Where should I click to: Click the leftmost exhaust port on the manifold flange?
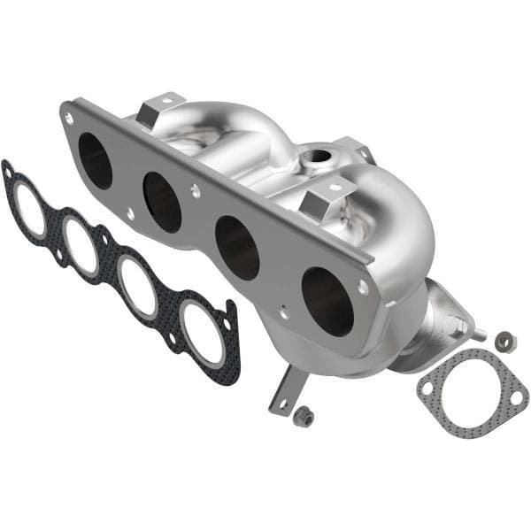(x=95, y=160)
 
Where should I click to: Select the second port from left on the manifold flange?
(x=162, y=201)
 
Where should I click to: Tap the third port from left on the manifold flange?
(x=237, y=247)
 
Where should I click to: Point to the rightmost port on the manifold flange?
(x=327, y=301)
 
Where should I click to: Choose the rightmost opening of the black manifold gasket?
(x=203, y=333)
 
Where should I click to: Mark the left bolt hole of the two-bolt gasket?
(x=428, y=387)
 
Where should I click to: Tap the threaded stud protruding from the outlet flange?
(x=477, y=335)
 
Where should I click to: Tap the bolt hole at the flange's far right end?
(x=363, y=288)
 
